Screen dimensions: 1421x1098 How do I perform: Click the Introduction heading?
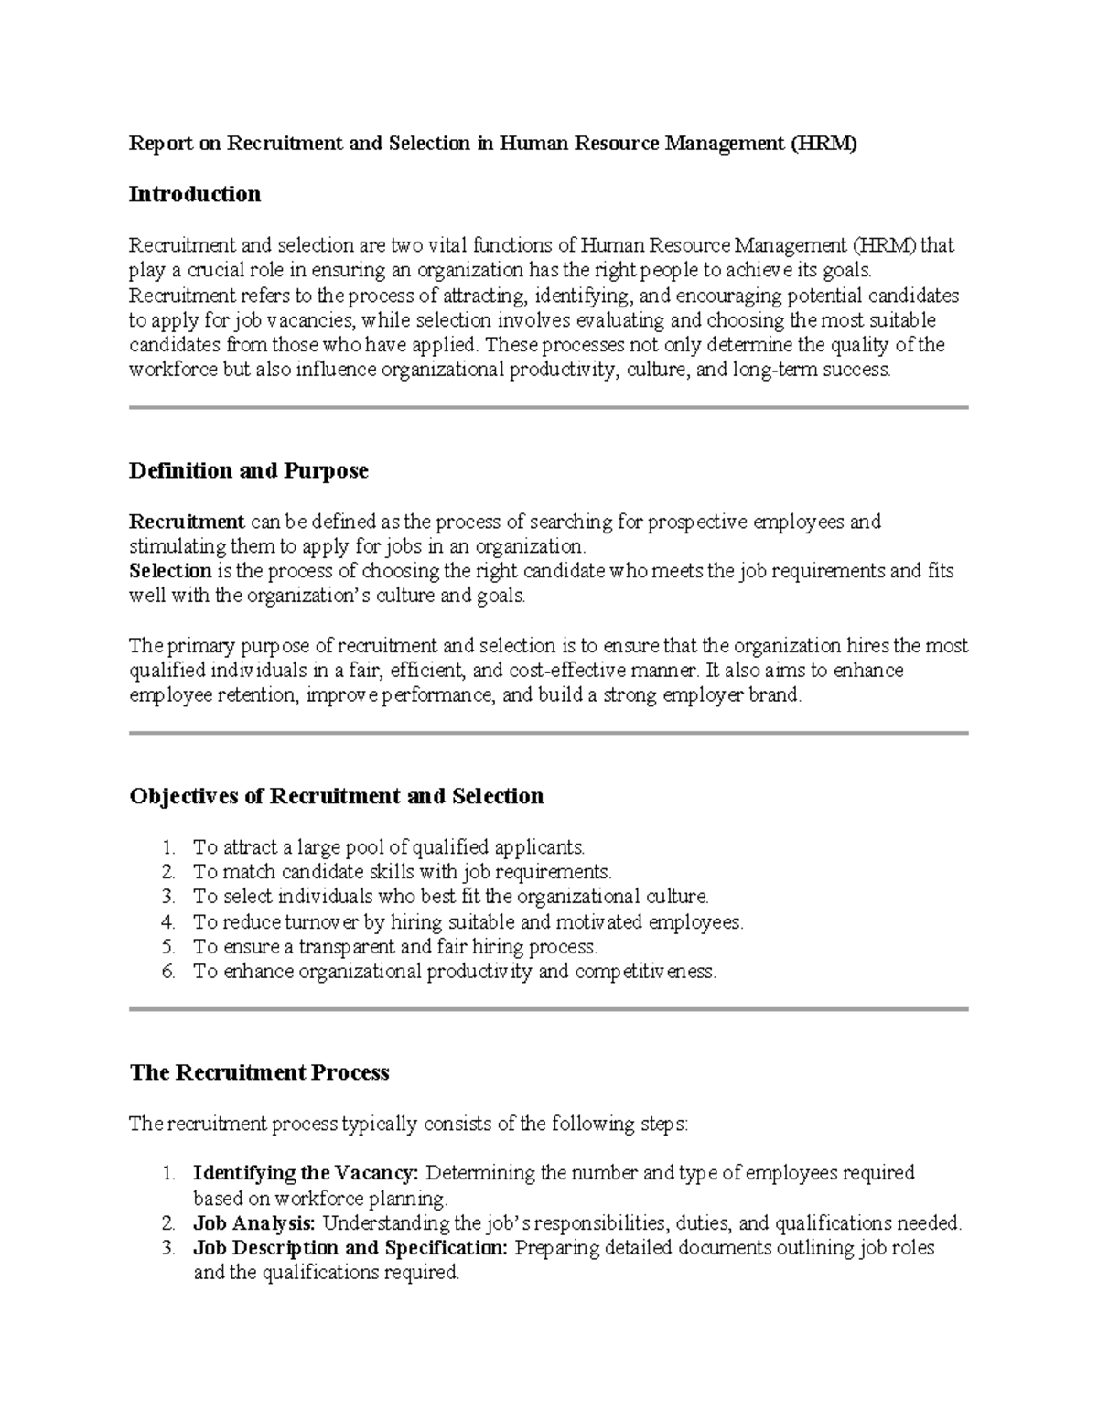pyautogui.click(x=195, y=194)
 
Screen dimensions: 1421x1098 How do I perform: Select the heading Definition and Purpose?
pyautogui.click(x=249, y=470)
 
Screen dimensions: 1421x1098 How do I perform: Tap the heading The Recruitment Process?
pyautogui.click(x=260, y=1072)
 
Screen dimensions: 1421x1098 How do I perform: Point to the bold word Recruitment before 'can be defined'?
pyautogui.click(x=187, y=522)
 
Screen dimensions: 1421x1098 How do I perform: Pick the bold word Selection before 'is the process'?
pyautogui.click(x=171, y=571)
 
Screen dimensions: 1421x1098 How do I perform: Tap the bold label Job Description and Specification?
pyautogui.click(x=350, y=1248)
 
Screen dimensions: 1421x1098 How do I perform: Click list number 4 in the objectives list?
pyautogui.click(x=167, y=922)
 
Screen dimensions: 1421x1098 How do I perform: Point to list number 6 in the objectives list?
pyautogui.click(x=167, y=972)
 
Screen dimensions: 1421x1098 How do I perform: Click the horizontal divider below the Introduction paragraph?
pyautogui.click(x=549, y=407)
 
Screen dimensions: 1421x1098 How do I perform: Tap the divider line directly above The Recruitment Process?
pyautogui.click(x=549, y=1008)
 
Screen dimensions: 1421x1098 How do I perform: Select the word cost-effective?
pyautogui.click(x=605, y=671)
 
